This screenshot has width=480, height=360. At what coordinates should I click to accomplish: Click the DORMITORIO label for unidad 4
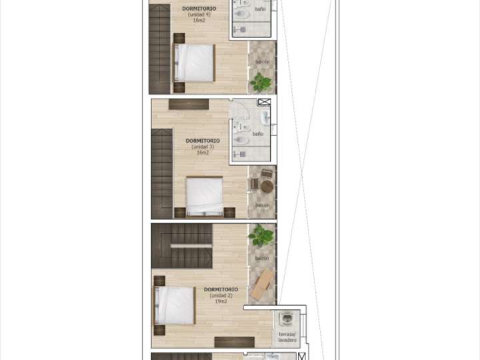tap(198, 9)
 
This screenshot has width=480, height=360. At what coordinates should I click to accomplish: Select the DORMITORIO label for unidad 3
tap(203, 141)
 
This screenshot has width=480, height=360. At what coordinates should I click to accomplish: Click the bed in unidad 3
tap(205, 196)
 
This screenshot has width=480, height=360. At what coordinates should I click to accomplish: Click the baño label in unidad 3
tap(258, 134)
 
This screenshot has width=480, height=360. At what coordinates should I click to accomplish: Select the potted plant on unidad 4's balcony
tap(260, 83)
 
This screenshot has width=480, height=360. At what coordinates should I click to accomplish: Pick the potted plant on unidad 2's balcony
tap(261, 235)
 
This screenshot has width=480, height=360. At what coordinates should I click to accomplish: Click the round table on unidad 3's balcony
tap(267, 188)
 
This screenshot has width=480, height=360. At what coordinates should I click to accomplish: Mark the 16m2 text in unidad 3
tap(203, 153)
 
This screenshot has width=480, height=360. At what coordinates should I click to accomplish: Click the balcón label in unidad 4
tap(263, 62)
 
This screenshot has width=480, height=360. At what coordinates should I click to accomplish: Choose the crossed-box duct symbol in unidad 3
tap(264, 103)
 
